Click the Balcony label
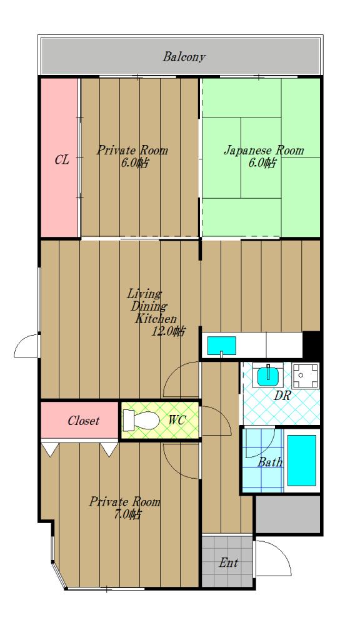pyautogui.click(x=184, y=57)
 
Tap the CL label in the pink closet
pyautogui.click(x=62, y=159)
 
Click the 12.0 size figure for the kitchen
pyautogui.click(x=167, y=331)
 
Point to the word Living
pyautogui.click(x=144, y=294)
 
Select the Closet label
pyautogui.click(x=83, y=421)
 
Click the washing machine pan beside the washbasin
pyautogui.click(x=306, y=376)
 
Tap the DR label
pyautogui.click(x=281, y=396)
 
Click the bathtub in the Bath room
pyautogui.click(x=302, y=461)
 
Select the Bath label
pyautogui.click(x=270, y=462)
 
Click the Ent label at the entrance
pyautogui.click(x=228, y=563)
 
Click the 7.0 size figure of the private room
pyautogui.click(x=127, y=515)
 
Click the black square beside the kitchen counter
pyautogui.click(x=311, y=345)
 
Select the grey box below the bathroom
pyautogui.click(x=287, y=514)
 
